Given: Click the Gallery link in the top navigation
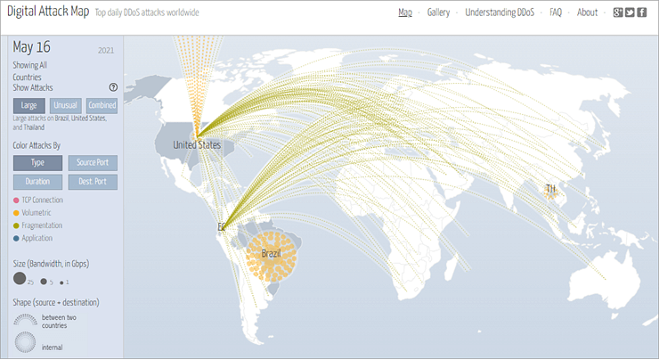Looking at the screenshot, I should coord(437,12).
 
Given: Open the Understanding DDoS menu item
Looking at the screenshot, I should coord(500,12).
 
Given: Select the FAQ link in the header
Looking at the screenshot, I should coord(555,12).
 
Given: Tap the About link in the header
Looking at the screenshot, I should coord(587,12).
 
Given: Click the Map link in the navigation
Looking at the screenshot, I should coord(405,12).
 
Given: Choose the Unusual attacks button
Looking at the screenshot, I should coord(66,105).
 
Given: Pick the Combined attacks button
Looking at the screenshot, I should coord(102,105).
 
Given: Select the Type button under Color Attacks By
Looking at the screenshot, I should coord(37,163).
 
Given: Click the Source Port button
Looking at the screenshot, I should coord(92,163).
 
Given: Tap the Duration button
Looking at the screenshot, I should coord(37,182).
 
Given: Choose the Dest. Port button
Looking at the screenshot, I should coord(92,182).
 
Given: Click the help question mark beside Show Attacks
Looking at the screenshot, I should coord(113,87).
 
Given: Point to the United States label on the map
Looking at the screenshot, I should coord(197,145).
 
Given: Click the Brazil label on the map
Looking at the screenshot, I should coord(271,254).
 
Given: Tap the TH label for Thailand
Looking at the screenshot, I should coord(550,189).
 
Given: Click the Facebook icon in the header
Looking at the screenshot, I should coord(641,12).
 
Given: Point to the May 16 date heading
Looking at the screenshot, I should coord(31,48).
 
